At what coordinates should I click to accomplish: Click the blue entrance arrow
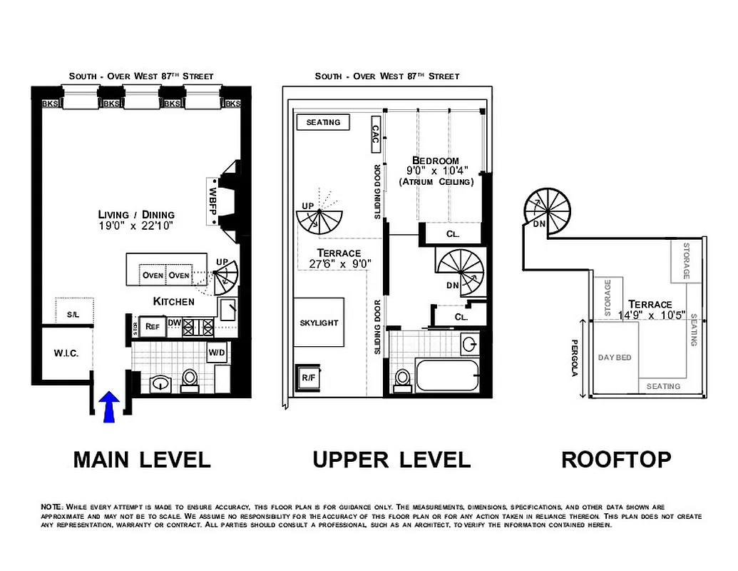pos(108,407)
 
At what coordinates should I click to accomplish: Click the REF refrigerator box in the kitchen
pos(152,326)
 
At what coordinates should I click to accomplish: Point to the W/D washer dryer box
pos(217,353)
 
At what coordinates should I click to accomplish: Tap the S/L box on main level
pos(73,313)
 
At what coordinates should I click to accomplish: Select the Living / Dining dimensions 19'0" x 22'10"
pos(137,226)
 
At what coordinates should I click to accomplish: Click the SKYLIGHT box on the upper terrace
pos(319,323)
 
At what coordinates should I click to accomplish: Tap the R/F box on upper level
pos(309,376)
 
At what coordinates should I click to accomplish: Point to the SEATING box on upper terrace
pos(323,122)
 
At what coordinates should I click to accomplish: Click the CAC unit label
pos(375,136)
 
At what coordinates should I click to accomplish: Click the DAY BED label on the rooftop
pos(615,358)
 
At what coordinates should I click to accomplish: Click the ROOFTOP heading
pos(616,460)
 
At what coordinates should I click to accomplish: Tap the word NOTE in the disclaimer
pos(52,506)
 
